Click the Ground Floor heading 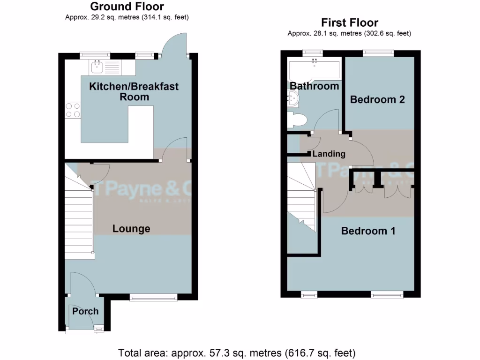coord(127,7)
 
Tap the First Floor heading coord(350,22)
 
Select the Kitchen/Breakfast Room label coord(134,91)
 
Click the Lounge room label coord(131,229)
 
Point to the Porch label coord(85,311)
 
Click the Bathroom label coord(314,86)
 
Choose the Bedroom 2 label coord(377,99)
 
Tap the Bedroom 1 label coord(368,231)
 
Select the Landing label coord(329,154)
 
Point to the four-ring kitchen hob coord(73,110)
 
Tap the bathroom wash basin coord(293,98)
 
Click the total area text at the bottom coord(237,352)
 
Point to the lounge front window coord(153,296)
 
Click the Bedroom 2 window coord(378,52)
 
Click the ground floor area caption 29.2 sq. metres coord(127,17)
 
